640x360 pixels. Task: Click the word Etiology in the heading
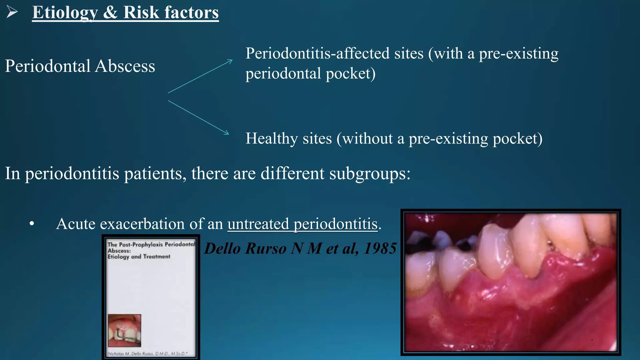pyautogui.click(x=65, y=13)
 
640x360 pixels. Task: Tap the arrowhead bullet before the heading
pyautogui.click(x=12, y=12)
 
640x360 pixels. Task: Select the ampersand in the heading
pyautogui.click(x=110, y=13)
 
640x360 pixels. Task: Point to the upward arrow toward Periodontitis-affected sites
pyautogui.click(x=200, y=76)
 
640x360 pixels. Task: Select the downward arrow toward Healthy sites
pyautogui.click(x=198, y=117)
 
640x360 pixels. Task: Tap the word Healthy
pyautogui.click(x=271, y=139)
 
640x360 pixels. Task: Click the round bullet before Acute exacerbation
pyautogui.click(x=32, y=224)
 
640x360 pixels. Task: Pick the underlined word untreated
pyautogui.click(x=258, y=224)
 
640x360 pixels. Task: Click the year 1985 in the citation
pyautogui.click(x=380, y=249)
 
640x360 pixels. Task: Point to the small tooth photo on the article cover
pyautogui.click(x=124, y=330)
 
